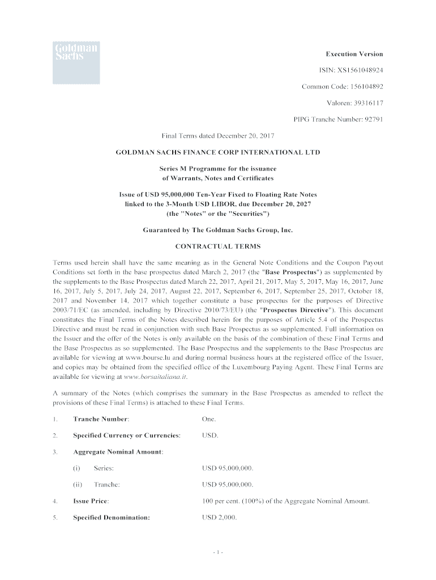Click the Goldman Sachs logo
76,62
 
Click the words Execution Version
354,54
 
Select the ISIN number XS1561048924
361,71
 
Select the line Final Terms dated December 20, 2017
218,136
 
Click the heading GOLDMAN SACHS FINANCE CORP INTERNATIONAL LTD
218,152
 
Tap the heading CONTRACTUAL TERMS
218,246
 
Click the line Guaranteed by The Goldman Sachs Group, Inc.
218,230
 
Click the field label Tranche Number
101,419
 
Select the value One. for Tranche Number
208,419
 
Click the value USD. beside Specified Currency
210,436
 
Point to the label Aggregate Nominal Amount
118,452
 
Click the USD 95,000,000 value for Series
228,468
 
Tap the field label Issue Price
91,501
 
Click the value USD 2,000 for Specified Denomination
219,518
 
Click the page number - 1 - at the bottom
218,552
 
